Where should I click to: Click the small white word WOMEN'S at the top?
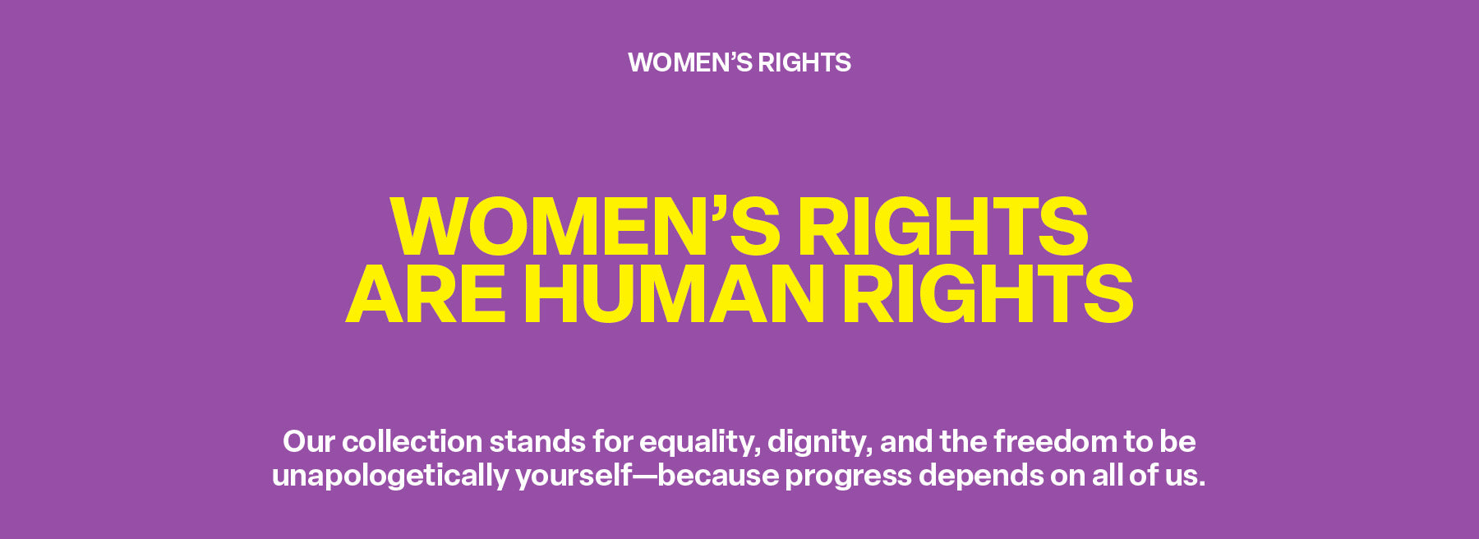(689, 62)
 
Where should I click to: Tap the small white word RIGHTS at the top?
(804, 62)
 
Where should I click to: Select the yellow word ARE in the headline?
(426, 294)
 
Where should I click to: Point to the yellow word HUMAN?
(674, 294)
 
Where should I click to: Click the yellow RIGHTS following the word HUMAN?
(988, 294)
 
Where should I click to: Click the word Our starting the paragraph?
(308, 442)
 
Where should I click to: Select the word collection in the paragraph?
(412, 442)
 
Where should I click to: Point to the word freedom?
(1055, 442)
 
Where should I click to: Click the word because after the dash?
(718, 476)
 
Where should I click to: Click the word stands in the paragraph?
(537, 442)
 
